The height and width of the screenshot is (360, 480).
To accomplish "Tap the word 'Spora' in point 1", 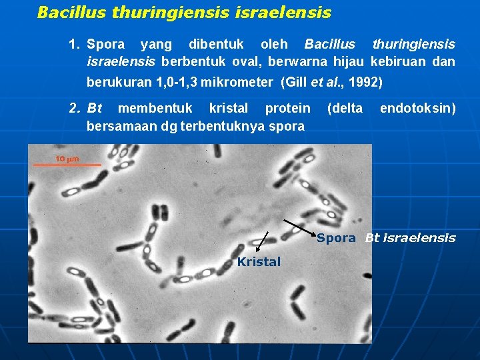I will click(105, 45).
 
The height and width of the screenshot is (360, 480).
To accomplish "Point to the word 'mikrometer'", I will click(239, 83).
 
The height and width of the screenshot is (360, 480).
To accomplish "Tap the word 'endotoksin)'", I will click(418, 108).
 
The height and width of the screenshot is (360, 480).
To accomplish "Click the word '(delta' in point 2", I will click(345, 108).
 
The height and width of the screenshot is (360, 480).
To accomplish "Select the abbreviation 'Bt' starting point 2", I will click(94, 108).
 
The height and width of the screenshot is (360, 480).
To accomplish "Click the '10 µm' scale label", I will click(67, 159).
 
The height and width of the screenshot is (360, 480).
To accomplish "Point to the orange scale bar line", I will click(67, 165).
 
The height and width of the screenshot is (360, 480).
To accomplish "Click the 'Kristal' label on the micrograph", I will click(259, 262).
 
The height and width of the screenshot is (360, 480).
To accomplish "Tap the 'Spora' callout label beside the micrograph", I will click(336, 238).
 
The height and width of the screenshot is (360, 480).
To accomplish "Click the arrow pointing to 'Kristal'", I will click(262, 243).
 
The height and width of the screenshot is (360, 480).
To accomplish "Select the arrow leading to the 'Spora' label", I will click(299, 227).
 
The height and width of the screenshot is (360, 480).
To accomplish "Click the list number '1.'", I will click(75, 45).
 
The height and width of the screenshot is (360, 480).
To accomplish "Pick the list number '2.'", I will click(75, 108).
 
